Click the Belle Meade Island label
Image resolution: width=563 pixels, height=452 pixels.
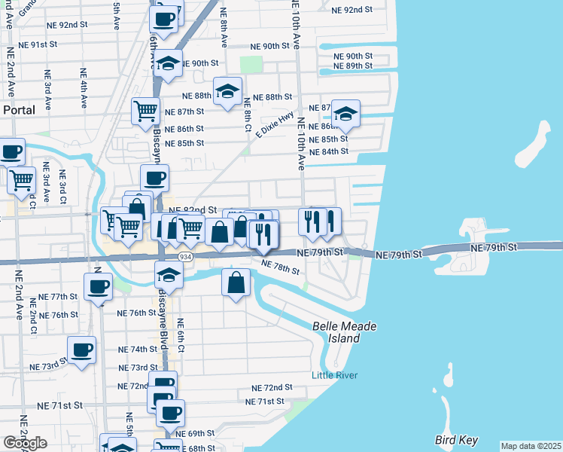344,332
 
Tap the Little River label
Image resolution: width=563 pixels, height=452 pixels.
336,375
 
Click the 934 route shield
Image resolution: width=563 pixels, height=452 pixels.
183,258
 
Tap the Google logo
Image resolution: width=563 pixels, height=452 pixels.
25,443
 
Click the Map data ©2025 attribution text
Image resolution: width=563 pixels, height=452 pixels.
531,446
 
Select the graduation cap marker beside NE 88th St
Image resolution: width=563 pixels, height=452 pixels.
227,92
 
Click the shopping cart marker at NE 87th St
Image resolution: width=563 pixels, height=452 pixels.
145,111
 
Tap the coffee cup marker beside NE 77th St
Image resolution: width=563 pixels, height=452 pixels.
98,286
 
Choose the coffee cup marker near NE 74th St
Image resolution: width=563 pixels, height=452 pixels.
81,349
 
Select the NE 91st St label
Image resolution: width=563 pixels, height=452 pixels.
39,44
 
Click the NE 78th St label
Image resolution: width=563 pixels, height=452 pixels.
280,266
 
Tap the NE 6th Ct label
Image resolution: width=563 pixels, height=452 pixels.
181,335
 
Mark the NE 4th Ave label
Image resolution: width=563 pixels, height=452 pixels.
81,85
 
